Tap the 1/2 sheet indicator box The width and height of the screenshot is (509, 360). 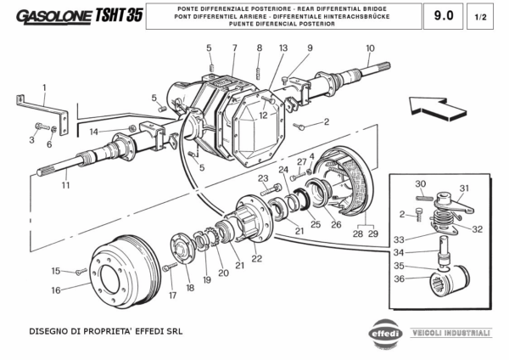point(481,15)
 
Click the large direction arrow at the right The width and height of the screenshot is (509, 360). point(433,106)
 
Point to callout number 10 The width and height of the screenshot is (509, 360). point(370,48)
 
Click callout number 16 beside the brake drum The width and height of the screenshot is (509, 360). point(55,290)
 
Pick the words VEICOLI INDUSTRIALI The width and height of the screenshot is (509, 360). point(450,333)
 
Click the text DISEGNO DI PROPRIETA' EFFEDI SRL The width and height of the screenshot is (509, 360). point(105,330)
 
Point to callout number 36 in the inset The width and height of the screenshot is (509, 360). point(399,278)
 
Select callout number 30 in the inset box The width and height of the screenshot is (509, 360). point(420,184)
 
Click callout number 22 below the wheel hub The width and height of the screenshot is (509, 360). point(256,258)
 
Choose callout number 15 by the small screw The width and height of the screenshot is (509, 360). point(55,271)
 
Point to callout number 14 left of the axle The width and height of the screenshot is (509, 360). point(95,132)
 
